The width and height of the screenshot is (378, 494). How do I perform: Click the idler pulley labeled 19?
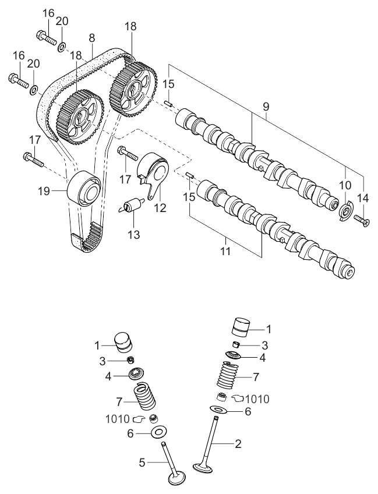click(x=85, y=188)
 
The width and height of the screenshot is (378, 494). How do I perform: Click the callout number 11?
click(x=225, y=252)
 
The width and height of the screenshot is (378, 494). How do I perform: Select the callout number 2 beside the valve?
click(x=238, y=443)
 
